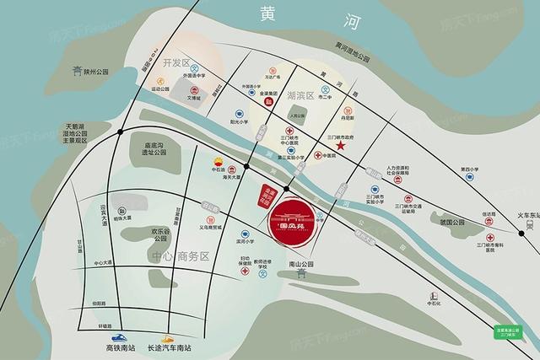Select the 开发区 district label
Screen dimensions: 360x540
[x=178, y=64]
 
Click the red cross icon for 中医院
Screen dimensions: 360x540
[x=318, y=157]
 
